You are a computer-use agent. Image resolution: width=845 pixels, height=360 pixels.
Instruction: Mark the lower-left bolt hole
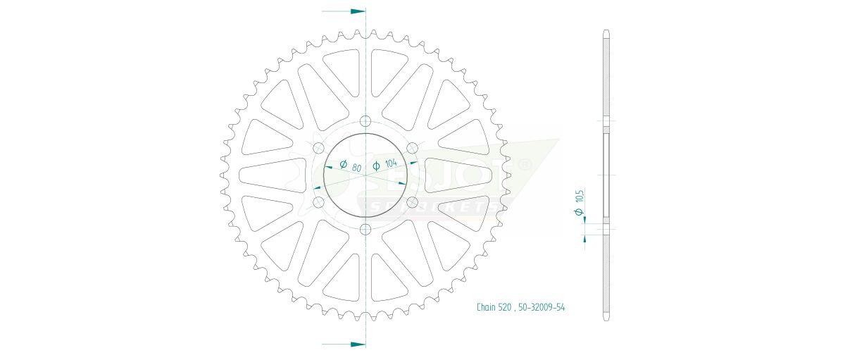[318, 202]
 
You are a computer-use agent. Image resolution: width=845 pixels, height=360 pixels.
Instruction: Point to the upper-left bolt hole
[318, 147]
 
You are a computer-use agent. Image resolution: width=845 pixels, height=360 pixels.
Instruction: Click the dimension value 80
[356, 168]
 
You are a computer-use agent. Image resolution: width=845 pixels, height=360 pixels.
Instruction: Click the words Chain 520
[494, 307]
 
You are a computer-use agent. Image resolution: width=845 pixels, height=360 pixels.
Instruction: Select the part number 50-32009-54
[543, 307]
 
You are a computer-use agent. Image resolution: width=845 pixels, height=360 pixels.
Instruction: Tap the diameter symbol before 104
[376, 166]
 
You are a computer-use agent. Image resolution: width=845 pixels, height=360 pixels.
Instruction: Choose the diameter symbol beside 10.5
[579, 213]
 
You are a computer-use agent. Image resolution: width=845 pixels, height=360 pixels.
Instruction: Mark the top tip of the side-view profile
[606, 32]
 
